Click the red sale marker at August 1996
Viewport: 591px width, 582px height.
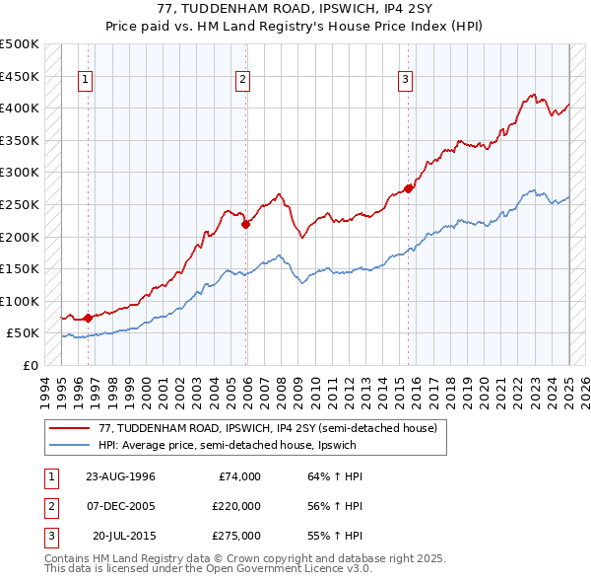click(88, 318)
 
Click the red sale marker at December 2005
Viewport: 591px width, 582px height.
click(245, 224)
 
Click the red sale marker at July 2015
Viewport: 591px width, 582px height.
click(408, 188)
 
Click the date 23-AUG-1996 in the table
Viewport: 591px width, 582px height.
click(121, 476)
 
